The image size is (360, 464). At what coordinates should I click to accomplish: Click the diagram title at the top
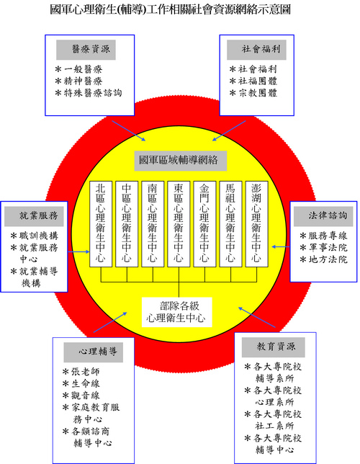tap(170, 9)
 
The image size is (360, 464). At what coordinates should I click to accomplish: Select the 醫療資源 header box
tap(86, 50)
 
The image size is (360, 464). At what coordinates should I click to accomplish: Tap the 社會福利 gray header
tap(256, 50)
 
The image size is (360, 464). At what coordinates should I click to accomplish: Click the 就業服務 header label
tap(34, 216)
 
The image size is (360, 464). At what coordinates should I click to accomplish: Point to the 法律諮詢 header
tap(323, 216)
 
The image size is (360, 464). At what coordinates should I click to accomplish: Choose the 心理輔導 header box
tap(94, 352)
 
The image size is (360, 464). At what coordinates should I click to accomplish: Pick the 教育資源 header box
tap(274, 347)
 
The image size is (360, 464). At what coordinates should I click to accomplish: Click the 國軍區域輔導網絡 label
tap(181, 161)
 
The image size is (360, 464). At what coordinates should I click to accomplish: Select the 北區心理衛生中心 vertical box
tap(101, 224)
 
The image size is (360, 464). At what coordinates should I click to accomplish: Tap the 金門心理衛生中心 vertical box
tap(204, 224)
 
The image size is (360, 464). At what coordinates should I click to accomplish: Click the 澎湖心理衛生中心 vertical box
tap(257, 224)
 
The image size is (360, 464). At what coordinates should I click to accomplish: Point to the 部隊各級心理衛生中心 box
tap(177, 312)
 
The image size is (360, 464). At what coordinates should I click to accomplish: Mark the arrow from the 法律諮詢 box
tap(281, 246)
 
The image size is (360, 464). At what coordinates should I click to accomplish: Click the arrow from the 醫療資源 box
tap(129, 131)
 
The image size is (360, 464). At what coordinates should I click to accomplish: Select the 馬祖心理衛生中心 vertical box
tap(230, 224)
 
